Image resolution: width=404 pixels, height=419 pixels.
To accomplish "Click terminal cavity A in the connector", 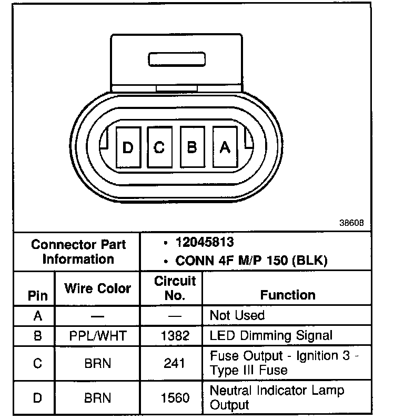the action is pos(225,148).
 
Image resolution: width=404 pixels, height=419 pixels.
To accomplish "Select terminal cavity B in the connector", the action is pos(192,147).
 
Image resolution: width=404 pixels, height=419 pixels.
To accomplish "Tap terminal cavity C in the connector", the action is pos(159,148).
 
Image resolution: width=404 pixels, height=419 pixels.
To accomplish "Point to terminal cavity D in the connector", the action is pos(127,148).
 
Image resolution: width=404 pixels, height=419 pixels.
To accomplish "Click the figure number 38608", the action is pos(351,223).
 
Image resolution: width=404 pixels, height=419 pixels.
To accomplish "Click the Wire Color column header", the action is pos(97,288).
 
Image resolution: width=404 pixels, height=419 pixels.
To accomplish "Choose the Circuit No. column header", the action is pos(175,288).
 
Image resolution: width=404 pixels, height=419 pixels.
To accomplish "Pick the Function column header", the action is pos(288,295).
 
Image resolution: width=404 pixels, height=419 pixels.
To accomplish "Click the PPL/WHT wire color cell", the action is pos(97,335).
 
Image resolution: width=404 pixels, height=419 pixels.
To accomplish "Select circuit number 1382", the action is pos(175,335).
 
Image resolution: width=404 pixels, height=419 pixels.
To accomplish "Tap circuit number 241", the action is pos(175,363).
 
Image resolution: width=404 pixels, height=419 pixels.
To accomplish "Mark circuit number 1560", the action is pos(175,398).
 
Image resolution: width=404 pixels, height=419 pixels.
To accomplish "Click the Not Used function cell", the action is pos(237,315).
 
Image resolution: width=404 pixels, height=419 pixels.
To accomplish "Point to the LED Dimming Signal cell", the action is pos(271,335).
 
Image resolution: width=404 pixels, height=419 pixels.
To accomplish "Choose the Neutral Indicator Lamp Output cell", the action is pos(277,397).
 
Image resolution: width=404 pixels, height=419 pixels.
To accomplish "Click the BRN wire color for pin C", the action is pos(97,363).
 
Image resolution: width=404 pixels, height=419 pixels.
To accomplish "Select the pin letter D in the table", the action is pos(37,398).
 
